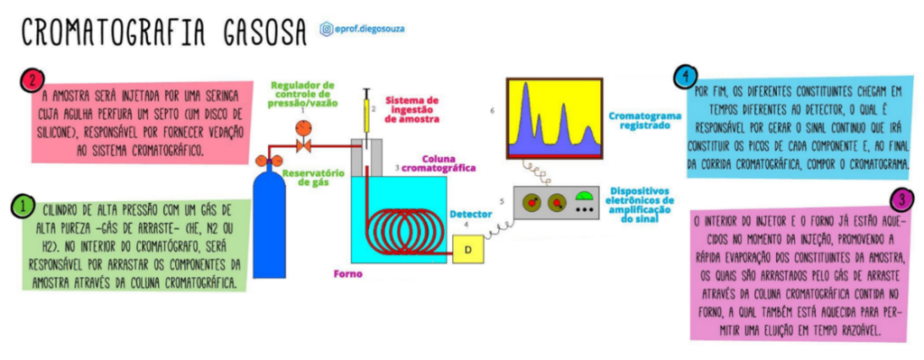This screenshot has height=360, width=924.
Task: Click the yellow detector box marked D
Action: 468,245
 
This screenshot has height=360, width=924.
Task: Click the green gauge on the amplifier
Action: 585,197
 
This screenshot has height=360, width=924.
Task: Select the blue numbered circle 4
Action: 688,76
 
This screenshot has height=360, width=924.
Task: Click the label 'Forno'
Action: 348,273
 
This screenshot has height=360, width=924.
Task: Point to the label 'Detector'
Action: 471,215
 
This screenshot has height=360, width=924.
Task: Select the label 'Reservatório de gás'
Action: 311,178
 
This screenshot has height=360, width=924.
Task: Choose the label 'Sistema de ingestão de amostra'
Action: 412,108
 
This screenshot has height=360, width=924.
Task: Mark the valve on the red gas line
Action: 303,144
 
